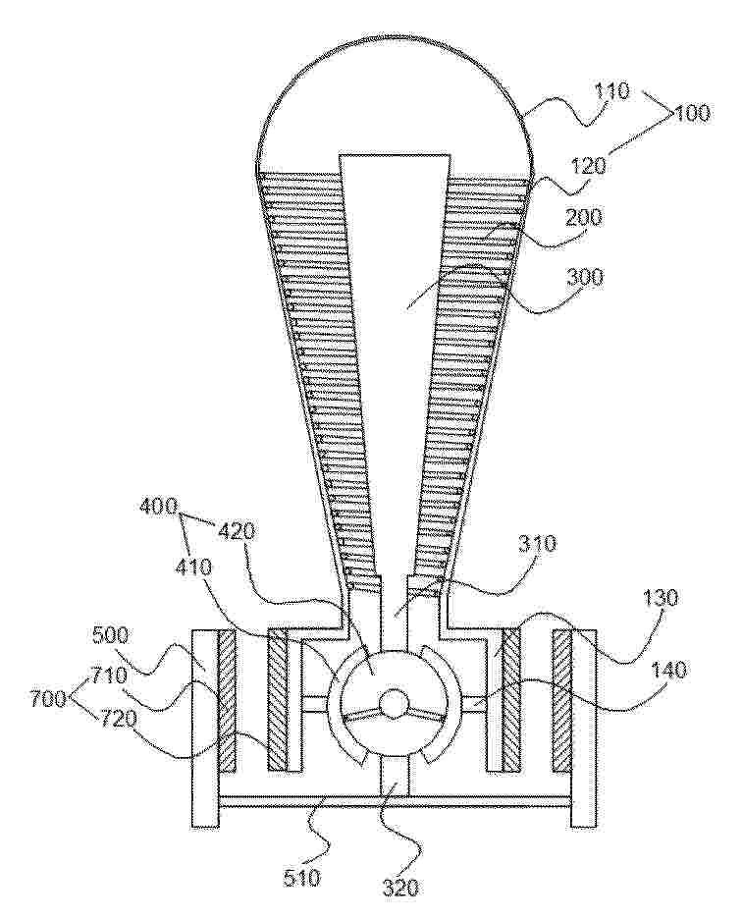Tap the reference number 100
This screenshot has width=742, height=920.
[691, 112]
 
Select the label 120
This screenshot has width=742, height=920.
[587, 166]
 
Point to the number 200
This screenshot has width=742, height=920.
[584, 218]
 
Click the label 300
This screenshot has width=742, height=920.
[584, 276]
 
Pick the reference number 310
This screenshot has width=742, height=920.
[537, 544]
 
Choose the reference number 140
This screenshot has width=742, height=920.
[668, 670]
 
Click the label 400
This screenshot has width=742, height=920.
[158, 506]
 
